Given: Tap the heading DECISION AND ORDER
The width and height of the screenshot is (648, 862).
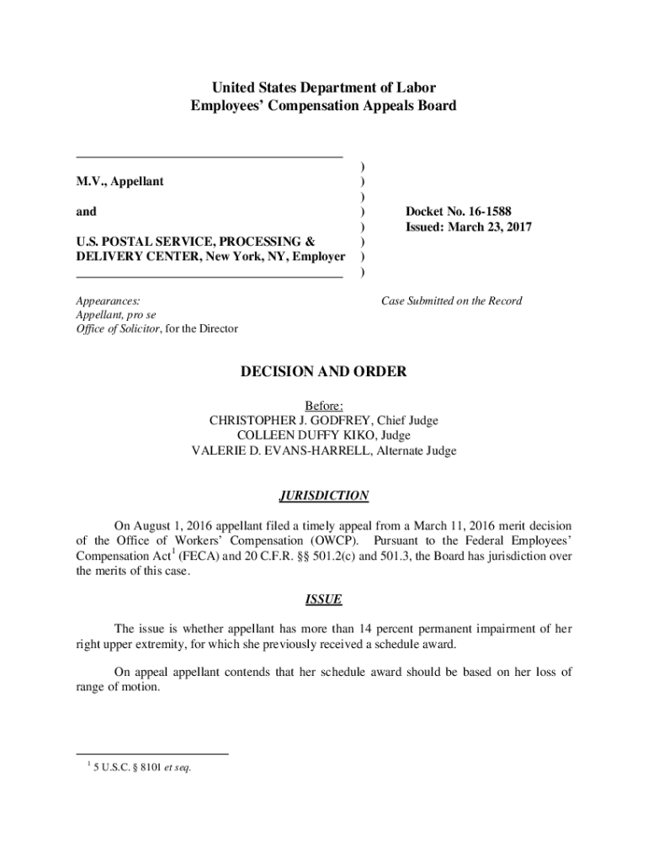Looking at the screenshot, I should (x=323, y=371).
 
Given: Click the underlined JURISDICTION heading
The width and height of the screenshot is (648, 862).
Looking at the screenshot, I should (x=324, y=496).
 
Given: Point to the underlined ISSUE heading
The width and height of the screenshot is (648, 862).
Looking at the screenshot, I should (x=323, y=599).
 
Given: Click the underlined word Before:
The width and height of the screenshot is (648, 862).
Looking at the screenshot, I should (x=324, y=405).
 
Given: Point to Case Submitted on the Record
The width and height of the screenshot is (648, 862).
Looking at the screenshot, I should (x=451, y=301).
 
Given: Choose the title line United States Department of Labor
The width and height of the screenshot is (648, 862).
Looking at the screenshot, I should (x=323, y=88).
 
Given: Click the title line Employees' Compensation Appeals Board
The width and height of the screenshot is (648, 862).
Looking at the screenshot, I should (x=323, y=106).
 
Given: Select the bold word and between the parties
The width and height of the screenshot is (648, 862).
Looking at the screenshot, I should (x=86, y=211).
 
